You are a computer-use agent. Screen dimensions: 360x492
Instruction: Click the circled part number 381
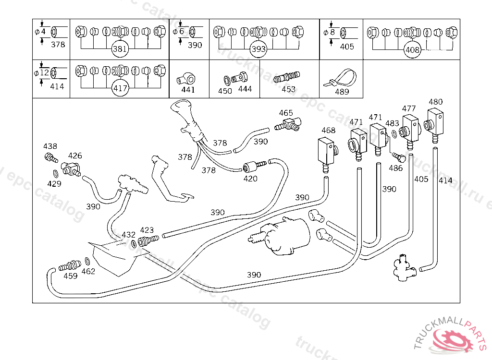120,49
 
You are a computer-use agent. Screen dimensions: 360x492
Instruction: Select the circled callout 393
258,49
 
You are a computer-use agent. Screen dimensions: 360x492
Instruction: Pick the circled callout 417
120,88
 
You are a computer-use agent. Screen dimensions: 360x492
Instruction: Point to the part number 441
188,90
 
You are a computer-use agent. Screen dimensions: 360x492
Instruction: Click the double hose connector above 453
286,77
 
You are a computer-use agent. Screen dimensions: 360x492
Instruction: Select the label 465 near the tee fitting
286,113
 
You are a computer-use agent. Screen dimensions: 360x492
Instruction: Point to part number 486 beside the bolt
395,168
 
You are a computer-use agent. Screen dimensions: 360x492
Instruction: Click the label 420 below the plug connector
250,179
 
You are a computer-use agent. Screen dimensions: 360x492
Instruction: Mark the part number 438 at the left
50,146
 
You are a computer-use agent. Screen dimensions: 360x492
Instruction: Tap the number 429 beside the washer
54,183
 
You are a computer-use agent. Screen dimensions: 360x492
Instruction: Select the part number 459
71,276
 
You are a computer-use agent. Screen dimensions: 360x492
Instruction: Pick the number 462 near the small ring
88,271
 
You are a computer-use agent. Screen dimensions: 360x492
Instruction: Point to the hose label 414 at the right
445,180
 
